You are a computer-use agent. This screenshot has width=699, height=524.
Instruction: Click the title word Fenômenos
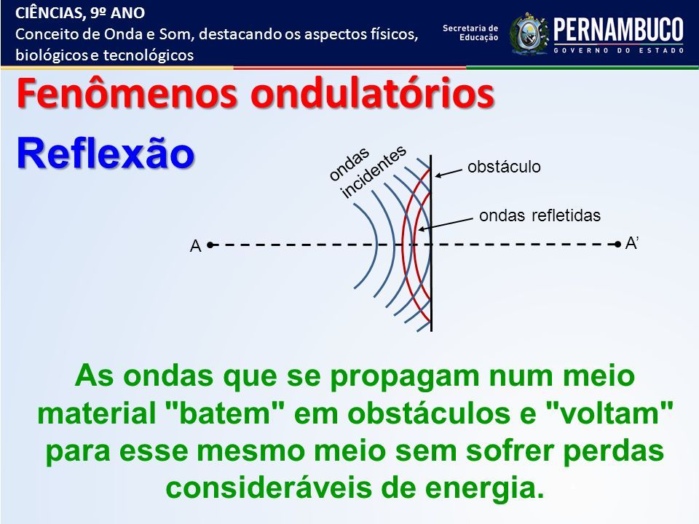tap(127, 94)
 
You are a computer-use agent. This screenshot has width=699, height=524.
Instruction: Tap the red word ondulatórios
tap(373, 94)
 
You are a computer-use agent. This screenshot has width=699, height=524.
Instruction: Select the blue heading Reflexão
tap(106, 154)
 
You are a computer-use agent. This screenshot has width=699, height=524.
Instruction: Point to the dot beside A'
tap(617, 245)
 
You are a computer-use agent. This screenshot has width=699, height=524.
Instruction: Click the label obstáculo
tap(504, 167)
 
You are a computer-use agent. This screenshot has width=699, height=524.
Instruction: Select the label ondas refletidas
tap(540, 215)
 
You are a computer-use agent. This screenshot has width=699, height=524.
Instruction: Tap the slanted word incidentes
tap(374, 171)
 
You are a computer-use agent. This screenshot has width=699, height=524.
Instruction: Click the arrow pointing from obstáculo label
tap(449, 173)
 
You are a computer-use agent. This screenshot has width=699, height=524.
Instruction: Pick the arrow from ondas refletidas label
tap(446, 224)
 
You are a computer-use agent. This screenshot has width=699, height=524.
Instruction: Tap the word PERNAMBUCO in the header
tap(618, 29)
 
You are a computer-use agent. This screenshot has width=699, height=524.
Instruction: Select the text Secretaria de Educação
tap(471, 33)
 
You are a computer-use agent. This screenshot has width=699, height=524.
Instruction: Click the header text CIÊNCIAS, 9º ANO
tap(80, 13)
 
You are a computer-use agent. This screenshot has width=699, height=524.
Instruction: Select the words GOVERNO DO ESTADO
tap(619, 50)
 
